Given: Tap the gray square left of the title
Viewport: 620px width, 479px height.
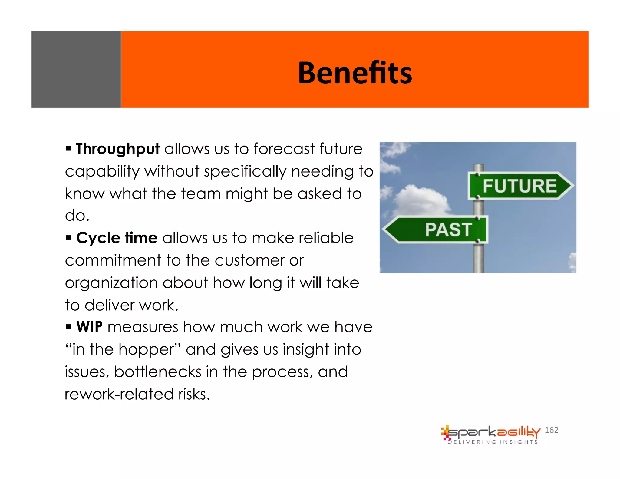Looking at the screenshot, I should point(76,70).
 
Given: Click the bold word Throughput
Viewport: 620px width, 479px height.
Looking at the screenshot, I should point(117,149).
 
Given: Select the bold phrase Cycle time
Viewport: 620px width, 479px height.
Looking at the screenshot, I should point(117,238).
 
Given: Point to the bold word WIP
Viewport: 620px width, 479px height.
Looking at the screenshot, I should point(89,327).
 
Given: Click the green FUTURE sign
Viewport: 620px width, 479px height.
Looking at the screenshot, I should point(519,186).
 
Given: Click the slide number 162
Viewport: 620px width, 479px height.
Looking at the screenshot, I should point(551,430).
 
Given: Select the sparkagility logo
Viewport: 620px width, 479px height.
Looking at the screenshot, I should point(490,432).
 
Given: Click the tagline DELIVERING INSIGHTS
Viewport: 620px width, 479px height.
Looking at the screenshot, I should point(493,442).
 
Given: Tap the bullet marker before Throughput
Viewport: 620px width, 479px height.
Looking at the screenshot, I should point(68,149).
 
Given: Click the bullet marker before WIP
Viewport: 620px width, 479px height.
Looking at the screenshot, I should point(68,327).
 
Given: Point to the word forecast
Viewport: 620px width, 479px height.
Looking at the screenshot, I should point(284,149).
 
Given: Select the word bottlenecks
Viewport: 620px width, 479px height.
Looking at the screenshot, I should point(157,372).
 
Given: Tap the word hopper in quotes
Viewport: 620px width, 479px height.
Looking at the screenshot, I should point(147,350).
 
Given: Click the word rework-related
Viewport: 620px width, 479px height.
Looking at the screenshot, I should point(119,394).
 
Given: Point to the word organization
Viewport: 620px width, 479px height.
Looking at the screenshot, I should point(111,283).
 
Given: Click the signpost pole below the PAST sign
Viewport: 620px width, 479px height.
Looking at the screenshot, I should point(479,259).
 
